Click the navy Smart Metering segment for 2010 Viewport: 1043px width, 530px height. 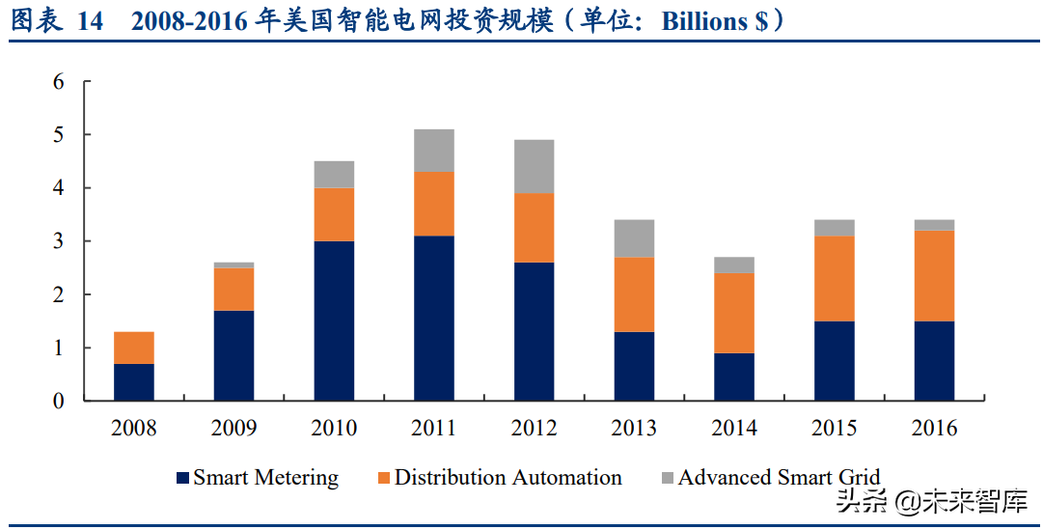pyautogui.click(x=334, y=321)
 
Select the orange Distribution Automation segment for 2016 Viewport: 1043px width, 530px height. pyautogui.click(x=934, y=276)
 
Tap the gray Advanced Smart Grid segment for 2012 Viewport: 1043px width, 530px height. pyautogui.click(x=534, y=166)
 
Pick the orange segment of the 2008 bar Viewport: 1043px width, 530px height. pyautogui.click(x=134, y=348)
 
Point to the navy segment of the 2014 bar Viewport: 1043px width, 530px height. pyautogui.click(x=734, y=377)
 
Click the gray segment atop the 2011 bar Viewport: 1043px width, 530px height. pyautogui.click(x=433, y=151)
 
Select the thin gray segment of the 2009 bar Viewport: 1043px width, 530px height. pyautogui.click(x=233, y=265)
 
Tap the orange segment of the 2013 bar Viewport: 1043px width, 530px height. pyautogui.click(x=634, y=294)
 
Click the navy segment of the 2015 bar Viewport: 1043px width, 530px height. pyautogui.click(x=834, y=360)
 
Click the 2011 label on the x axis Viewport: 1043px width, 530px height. pyautogui.click(x=433, y=428)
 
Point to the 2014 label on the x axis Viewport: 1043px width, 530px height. pyautogui.click(x=734, y=428)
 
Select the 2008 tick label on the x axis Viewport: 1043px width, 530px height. pyautogui.click(x=134, y=428)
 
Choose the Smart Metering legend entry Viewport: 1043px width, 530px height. pyautogui.click(x=265, y=477)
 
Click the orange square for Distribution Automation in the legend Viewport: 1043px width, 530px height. pyautogui.click(x=383, y=478)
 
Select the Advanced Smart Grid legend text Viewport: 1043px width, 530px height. pyautogui.click(x=779, y=477)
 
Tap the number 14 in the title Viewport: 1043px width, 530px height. pyautogui.click(x=90, y=22)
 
